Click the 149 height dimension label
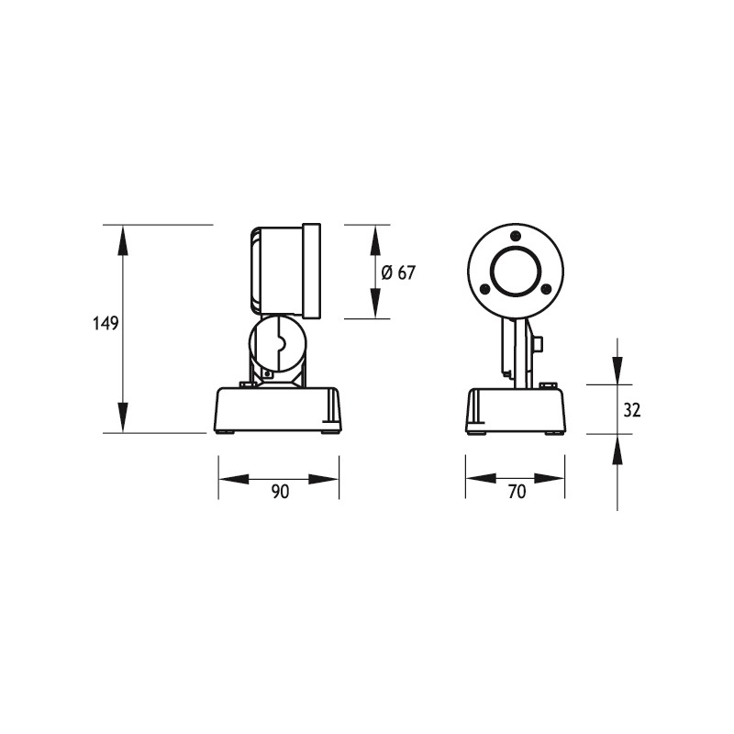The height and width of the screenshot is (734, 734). (x=106, y=324)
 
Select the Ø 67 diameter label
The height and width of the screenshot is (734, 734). (x=397, y=272)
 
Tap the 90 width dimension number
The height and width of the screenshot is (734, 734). (x=280, y=492)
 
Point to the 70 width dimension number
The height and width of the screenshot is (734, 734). (x=517, y=492)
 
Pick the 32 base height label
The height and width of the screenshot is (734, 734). (x=631, y=410)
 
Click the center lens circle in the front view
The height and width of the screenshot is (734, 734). (x=516, y=271)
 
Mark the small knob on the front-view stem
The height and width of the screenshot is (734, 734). (x=539, y=344)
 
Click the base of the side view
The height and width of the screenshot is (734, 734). (x=278, y=409)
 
